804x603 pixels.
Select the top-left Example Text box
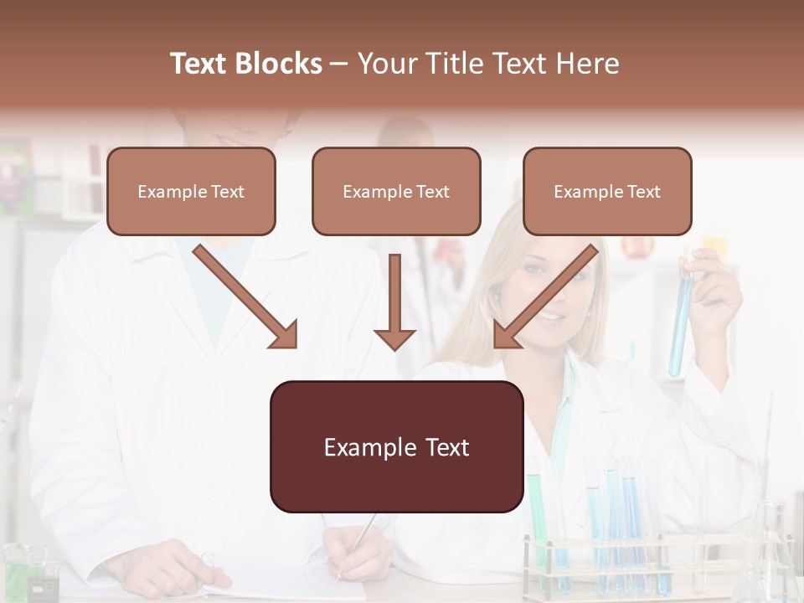pyautogui.click(x=191, y=192)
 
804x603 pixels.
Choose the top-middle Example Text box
pyautogui.click(x=396, y=192)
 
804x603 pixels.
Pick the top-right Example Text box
pyautogui.click(x=607, y=192)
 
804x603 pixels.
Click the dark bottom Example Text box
pyautogui.click(x=396, y=447)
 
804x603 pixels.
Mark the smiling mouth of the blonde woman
pyautogui.click(x=549, y=317)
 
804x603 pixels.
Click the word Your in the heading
pyautogui.click(x=384, y=64)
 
